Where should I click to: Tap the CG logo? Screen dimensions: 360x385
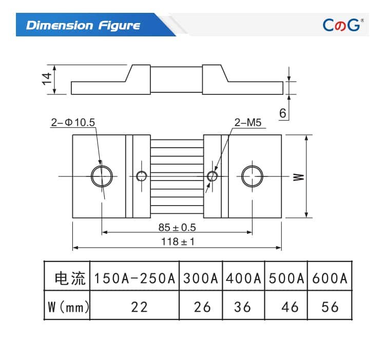coord(343,25)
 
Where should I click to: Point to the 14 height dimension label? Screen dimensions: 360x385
coord(47,79)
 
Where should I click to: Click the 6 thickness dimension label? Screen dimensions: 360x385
coord(283,113)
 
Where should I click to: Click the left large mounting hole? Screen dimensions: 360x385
coord(102,176)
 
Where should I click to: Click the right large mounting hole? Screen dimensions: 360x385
coord(253,176)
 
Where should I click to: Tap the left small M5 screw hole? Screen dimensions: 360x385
coord(141,176)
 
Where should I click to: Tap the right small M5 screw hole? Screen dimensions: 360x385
coord(212,176)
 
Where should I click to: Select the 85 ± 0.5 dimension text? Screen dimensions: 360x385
coord(177,227)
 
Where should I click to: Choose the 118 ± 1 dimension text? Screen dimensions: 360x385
coord(177,242)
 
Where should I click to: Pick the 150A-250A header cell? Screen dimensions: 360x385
coord(134,279)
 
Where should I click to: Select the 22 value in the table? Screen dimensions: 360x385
coord(139,307)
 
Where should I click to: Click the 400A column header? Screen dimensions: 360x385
coord(243,279)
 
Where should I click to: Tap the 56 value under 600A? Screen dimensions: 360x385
coord(330,307)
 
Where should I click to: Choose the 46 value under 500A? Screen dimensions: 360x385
coord(290,307)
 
